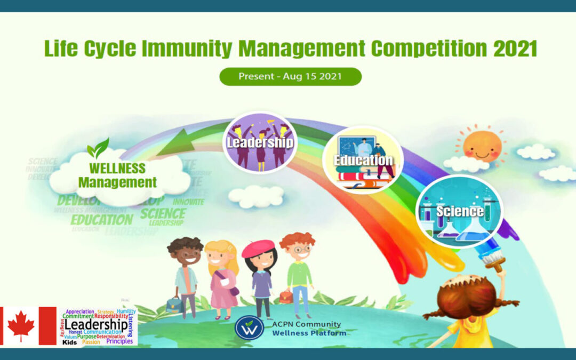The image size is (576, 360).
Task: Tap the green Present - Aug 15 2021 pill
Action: [291, 76]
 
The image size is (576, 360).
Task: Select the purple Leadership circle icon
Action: [260, 142]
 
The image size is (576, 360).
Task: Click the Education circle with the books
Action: [363, 159]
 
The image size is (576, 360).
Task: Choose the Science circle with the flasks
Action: [459, 211]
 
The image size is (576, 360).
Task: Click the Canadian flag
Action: [28, 325]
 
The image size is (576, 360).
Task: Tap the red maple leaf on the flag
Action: [21, 326]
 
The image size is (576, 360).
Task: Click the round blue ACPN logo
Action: [249, 327]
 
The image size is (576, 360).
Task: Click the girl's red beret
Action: [258, 249]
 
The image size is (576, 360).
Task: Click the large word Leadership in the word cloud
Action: [96, 324]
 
